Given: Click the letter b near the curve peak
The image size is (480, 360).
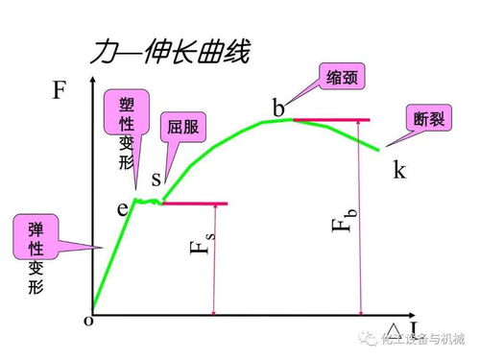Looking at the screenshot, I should (279, 108).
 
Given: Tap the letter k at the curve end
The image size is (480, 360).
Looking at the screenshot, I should (399, 170).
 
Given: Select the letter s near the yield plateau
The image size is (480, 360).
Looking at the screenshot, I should (156, 180).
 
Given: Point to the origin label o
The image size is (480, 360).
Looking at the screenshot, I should (88, 321).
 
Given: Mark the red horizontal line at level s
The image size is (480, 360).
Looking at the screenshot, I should (196, 204).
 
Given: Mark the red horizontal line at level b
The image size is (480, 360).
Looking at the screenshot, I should (330, 120).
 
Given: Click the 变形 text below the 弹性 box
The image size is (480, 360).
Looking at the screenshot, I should (36, 279).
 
